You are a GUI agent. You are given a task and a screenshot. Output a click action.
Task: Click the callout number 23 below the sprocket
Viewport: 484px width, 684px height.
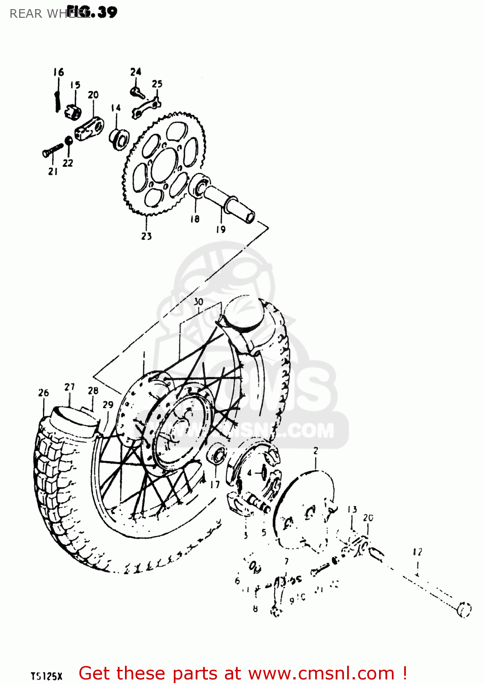pos(146,236)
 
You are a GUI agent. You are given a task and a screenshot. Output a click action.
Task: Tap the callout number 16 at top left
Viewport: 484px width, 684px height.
pos(58,72)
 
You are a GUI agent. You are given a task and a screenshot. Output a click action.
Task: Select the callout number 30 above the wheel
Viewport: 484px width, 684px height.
pos(198,301)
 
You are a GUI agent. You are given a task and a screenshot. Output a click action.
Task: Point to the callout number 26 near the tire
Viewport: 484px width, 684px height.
pos(43,393)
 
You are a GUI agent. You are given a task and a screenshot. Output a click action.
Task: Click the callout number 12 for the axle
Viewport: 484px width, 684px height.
pos(417,552)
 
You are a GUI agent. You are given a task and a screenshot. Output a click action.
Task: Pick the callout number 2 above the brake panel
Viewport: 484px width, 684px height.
pos(316,451)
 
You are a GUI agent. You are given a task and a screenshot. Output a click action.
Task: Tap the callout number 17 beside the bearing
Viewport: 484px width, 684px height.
pos(215,485)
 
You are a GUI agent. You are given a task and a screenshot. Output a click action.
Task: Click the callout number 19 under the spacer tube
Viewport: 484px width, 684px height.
pos(221,229)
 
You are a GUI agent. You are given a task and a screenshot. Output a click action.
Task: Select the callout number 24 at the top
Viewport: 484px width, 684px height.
pos(135,72)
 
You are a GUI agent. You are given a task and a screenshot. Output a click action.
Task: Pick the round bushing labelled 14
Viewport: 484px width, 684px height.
pos(119,138)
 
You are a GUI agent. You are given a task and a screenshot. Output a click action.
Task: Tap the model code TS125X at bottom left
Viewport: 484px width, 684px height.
pos(46,676)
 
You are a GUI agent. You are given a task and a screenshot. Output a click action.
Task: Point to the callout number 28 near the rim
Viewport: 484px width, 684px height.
pos(93,391)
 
